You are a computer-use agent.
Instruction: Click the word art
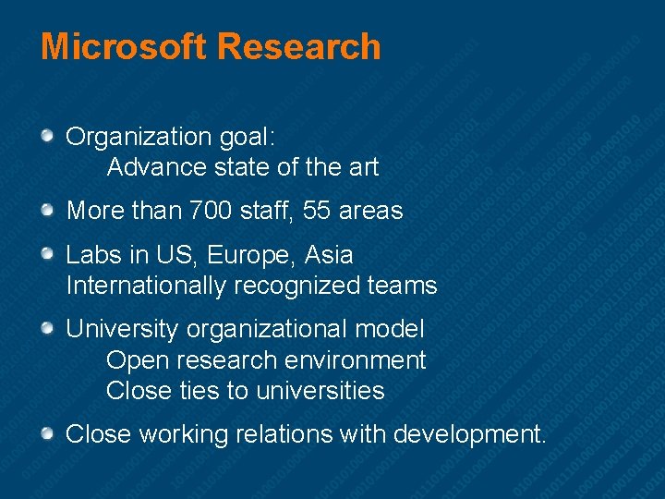(363, 167)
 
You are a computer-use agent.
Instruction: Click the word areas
(371, 211)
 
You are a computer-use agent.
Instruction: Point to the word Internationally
(146, 286)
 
